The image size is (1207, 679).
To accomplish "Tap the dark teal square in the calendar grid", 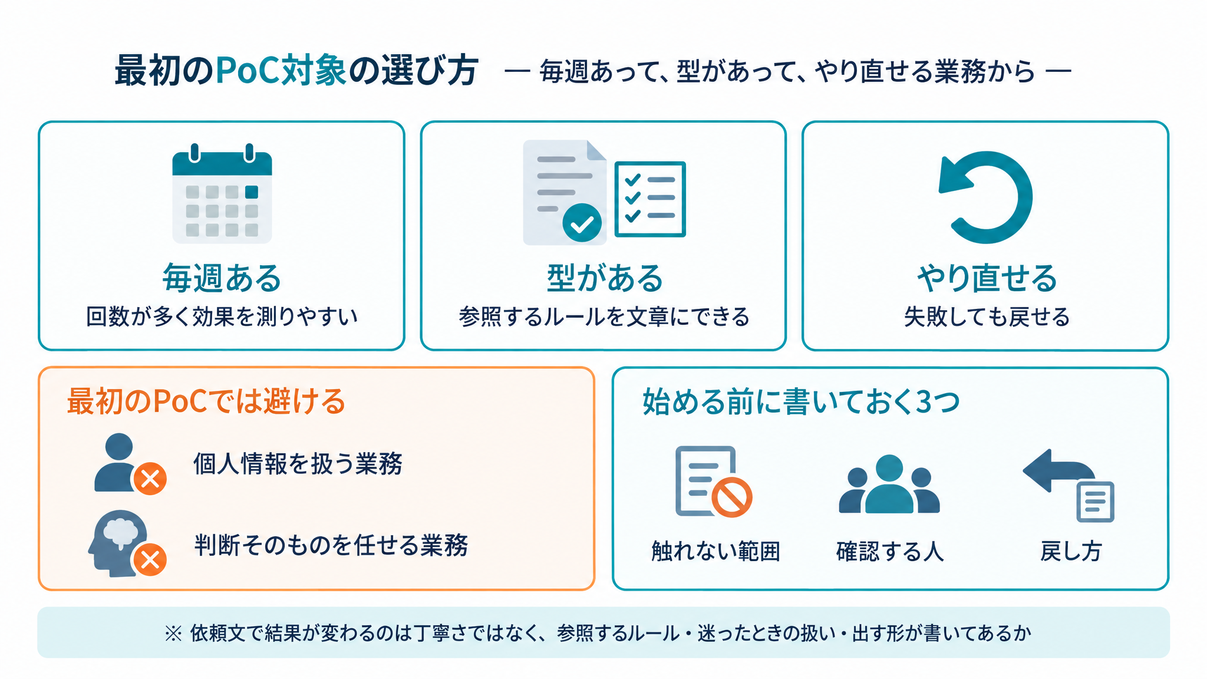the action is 252,192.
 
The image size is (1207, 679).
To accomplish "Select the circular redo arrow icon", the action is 985,197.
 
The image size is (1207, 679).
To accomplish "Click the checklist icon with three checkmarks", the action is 650,199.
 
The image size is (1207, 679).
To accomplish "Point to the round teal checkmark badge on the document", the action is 582,223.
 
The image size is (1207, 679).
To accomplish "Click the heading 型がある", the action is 605,278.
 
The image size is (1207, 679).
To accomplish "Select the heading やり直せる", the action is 987,278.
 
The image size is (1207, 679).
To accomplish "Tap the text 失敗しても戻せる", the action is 987,317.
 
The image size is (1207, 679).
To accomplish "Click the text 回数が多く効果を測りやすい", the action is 222,317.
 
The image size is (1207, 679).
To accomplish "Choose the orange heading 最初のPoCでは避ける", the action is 206,401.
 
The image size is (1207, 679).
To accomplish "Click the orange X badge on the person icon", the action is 150,479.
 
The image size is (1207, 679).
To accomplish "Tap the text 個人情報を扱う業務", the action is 298,464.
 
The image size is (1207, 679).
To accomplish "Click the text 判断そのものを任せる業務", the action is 331,545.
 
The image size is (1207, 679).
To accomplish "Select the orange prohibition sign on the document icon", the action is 731,497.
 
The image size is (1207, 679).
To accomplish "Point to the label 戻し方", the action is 1071,552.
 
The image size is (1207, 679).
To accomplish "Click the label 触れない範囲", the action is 715,552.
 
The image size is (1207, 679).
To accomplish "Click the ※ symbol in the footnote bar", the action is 173,634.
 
